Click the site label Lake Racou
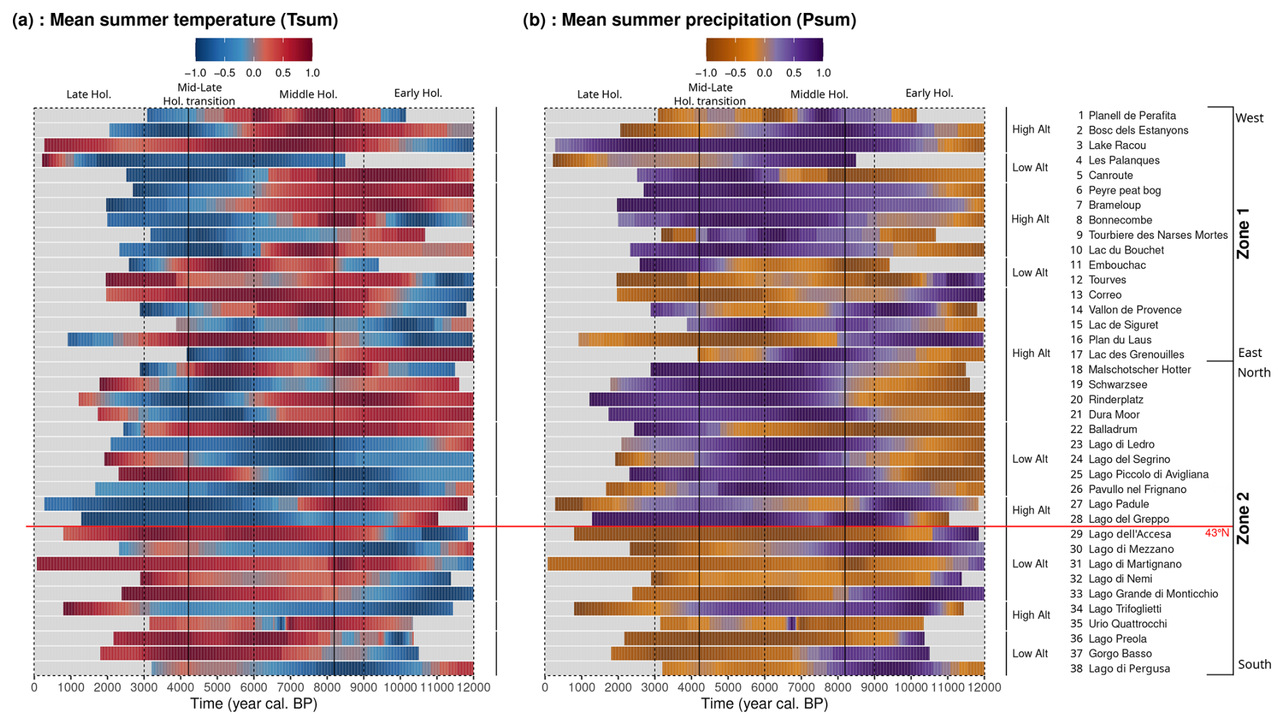coord(1116,145)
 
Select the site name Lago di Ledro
coord(1121,445)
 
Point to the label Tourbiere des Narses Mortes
coord(1158,235)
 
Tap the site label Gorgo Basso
coord(1120,654)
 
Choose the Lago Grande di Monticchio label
coord(1153,594)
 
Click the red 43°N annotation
coord(1217,534)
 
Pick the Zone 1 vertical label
coord(1243,233)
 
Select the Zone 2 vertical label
coord(1243,518)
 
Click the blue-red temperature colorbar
coord(254,50)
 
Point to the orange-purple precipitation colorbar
coord(764,50)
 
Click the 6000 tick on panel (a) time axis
coord(254,687)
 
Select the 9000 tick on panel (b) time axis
coord(874,687)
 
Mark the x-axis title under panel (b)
coord(764,704)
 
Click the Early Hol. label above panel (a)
coord(418,94)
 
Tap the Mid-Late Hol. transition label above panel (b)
coord(710,94)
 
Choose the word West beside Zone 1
coord(1249,118)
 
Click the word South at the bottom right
coord(1254,665)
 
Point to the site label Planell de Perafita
coord(1131,115)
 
